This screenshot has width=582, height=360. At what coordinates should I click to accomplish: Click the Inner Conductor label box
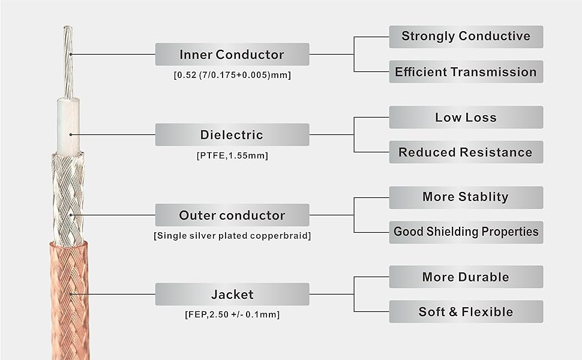(232, 54)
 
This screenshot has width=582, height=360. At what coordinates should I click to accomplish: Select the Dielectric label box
(232, 135)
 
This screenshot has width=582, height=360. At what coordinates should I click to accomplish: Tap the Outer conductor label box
(232, 215)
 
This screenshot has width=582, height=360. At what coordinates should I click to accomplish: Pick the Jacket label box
(232, 295)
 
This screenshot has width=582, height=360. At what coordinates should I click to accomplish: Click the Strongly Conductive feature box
(466, 37)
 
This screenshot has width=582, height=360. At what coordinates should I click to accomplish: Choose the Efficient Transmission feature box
(466, 71)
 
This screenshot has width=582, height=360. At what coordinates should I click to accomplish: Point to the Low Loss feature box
(466, 117)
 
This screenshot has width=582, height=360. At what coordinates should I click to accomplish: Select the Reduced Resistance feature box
(466, 152)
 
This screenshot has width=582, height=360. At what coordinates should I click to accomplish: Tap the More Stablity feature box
(466, 197)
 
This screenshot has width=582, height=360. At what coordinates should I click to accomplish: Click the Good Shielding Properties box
(466, 232)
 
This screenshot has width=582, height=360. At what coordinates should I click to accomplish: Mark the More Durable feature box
(466, 277)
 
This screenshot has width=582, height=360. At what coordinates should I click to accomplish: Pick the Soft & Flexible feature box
(466, 312)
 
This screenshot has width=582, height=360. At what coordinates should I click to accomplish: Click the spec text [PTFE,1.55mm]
(232, 155)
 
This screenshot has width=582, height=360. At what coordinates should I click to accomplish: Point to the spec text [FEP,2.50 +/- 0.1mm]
(232, 315)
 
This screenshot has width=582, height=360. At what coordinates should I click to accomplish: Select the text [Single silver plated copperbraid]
(232, 236)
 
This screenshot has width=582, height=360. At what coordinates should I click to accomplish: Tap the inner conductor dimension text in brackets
(232, 75)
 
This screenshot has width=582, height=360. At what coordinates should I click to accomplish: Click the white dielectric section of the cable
(68, 126)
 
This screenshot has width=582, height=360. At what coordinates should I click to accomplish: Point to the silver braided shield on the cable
(68, 199)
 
